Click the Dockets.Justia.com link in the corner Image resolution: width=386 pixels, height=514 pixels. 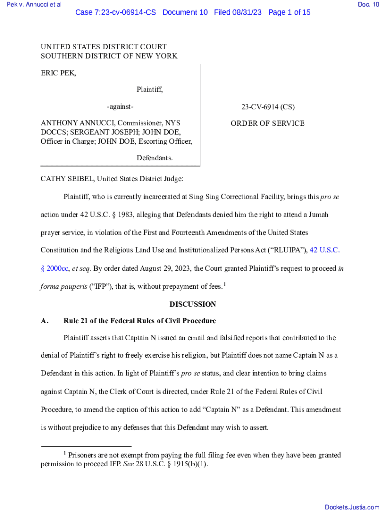click(x=352, y=507)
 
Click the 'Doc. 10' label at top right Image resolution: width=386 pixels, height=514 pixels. click(x=368, y=5)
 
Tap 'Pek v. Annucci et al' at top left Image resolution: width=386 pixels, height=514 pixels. click(x=32, y=5)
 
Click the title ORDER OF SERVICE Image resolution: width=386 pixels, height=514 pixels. click(x=267, y=123)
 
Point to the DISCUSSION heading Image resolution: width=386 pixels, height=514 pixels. click(x=192, y=304)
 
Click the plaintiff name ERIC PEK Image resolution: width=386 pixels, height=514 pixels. click(x=58, y=73)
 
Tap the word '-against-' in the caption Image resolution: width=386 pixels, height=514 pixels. click(x=120, y=107)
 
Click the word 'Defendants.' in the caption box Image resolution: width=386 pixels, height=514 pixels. click(x=155, y=158)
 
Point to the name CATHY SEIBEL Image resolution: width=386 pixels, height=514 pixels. click(x=68, y=178)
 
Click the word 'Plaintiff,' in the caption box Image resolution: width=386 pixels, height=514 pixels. click(x=150, y=90)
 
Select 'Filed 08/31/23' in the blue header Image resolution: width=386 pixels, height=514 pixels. click(x=238, y=12)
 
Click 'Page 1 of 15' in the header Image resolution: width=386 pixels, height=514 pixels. click(x=289, y=12)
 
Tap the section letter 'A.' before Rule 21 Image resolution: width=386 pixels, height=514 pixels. click(x=45, y=321)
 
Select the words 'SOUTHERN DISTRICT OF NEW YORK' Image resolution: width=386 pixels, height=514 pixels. click(x=109, y=56)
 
